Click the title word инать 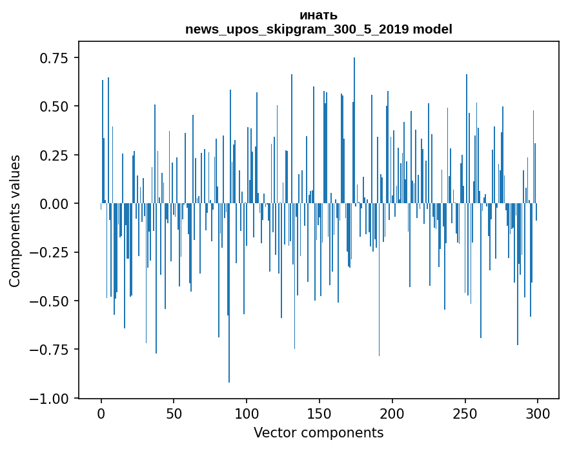(x=318, y=15)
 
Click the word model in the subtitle (x=432, y=29)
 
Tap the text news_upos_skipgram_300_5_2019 (x=298, y=29)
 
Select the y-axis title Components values (x=15, y=221)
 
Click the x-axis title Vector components (x=318, y=433)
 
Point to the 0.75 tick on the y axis (x=54, y=58)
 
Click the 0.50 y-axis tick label (x=54, y=106)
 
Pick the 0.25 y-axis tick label (x=54, y=155)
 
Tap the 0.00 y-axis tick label (x=54, y=204)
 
